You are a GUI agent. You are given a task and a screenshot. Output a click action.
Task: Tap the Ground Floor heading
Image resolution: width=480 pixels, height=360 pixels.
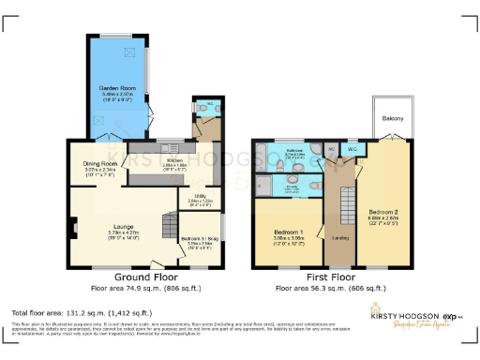tap(147, 278)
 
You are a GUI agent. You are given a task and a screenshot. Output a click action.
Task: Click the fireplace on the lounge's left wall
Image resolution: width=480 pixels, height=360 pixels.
tap(70, 226)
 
